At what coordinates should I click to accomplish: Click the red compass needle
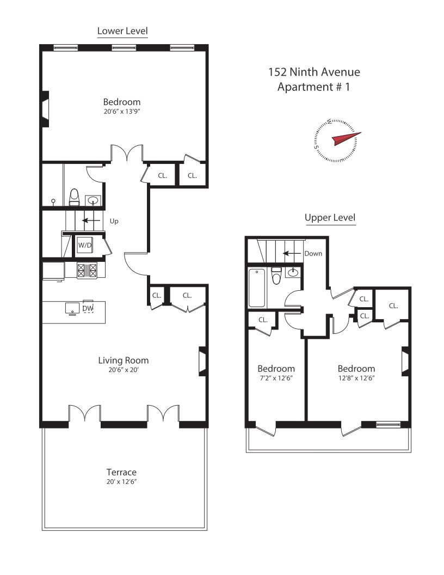(346, 139)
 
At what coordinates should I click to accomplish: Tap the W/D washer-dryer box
(85, 244)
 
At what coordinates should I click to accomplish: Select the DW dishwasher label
(88, 308)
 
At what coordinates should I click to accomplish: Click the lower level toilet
(75, 197)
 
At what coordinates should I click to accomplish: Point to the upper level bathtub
(257, 288)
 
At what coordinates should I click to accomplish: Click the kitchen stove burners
(87, 271)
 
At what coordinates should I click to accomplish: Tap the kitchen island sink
(72, 308)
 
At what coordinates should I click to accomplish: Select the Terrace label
(121, 472)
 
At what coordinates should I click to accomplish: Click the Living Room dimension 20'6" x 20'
(124, 370)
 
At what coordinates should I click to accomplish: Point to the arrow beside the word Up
(91, 221)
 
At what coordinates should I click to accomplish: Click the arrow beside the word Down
(292, 253)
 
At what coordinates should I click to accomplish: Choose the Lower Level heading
(122, 31)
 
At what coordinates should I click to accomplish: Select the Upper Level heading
(330, 217)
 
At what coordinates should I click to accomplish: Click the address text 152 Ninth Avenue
(314, 72)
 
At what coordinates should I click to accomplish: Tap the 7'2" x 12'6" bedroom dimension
(276, 378)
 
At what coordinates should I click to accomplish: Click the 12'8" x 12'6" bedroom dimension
(356, 378)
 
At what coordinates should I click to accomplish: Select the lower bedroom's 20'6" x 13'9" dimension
(122, 111)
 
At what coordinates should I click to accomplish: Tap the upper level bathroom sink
(292, 272)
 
